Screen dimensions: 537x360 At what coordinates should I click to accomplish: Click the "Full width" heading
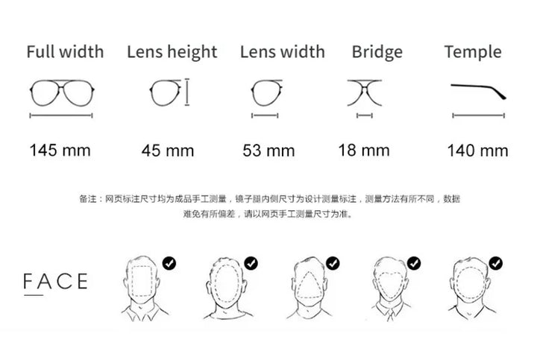[65, 51]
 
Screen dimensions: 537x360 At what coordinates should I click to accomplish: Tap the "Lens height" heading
[172, 52]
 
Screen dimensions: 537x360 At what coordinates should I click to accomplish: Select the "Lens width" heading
[283, 51]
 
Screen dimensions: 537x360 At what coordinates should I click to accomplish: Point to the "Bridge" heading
[377, 52]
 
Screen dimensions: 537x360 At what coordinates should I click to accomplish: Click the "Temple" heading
[473, 52]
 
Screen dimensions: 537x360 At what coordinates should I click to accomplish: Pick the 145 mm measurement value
[60, 151]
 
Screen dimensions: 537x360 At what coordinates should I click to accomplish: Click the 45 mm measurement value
[168, 151]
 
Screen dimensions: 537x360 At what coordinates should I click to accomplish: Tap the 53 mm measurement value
[268, 151]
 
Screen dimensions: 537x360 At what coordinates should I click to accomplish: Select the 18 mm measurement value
[364, 151]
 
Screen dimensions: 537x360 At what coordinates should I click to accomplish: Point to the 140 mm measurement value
[478, 151]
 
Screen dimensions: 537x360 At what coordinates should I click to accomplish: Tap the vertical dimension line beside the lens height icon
[187, 92]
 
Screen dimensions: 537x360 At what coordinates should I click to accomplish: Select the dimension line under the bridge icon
[365, 116]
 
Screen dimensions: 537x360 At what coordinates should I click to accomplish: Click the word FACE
[55, 281]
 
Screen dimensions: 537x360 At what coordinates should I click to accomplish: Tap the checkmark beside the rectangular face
[169, 264]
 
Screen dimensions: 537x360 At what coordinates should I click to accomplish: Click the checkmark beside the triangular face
[333, 264]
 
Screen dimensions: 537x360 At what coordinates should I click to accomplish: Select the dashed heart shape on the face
[378, 284]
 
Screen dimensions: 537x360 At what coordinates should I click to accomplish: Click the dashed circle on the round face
[457, 284]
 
